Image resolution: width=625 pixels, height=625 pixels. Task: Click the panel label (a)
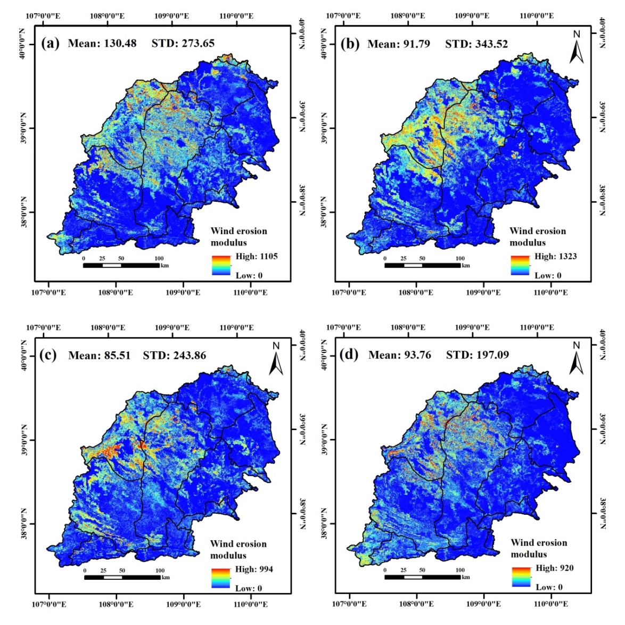[x=50, y=43]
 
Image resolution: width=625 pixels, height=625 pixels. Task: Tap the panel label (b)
[x=350, y=44]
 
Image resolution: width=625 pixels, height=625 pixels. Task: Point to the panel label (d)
[x=349, y=355]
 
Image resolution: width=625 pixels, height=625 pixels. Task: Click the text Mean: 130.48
[x=102, y=43]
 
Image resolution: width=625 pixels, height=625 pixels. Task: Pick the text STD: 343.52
[x=476, y=44]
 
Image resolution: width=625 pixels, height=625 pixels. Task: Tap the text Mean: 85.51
[x=99, y=355]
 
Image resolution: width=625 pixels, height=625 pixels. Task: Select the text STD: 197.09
[x=478, y=355]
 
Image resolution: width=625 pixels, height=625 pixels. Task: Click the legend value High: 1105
[x=257, y=256]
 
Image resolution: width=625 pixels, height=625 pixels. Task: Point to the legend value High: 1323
[x=555, y=256]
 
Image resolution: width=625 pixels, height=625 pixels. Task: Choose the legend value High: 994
[x=254, y=569]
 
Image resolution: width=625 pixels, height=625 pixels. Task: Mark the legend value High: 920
[x=555, y=568]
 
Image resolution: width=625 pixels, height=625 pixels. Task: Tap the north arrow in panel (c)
[x=276, y=359]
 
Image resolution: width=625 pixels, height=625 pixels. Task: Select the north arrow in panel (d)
[x=576, y=359]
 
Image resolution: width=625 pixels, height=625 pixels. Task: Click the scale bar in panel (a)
[x=121, y=265]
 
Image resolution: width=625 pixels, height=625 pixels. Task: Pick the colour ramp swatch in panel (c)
[x=221, y=578]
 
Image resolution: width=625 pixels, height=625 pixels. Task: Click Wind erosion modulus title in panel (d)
[x=539, y=548]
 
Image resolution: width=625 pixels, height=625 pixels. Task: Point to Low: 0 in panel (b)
[x=548, y=275]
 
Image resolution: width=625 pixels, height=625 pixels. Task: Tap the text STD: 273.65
[x=183, y=43]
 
